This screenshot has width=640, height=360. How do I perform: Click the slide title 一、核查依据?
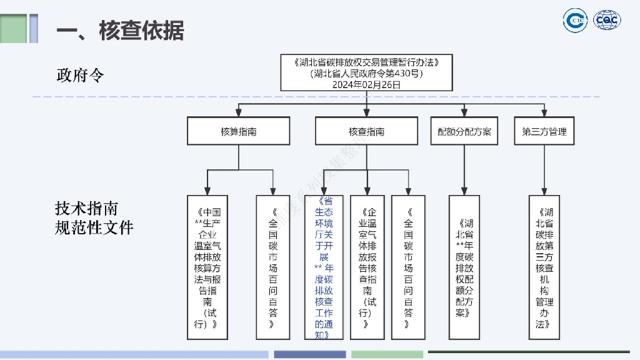[120, 29]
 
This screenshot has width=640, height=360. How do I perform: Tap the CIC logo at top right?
[575, 21]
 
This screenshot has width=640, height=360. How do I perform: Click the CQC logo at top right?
[607, 21]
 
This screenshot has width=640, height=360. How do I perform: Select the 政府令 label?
[80, 76]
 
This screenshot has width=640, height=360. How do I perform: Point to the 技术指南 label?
[86, 208]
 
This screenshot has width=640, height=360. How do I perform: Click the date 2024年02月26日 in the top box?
[366, 84]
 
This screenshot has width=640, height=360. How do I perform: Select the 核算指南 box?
[239, 132]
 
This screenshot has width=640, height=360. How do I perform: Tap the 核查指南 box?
[366, 132]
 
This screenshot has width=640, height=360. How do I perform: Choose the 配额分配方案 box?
[464, 132]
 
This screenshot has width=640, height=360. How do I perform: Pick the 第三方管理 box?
[544, 132]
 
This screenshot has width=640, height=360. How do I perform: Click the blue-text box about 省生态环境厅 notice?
[324, 267]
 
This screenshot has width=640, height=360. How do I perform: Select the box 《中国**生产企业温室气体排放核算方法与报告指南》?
[207, 267]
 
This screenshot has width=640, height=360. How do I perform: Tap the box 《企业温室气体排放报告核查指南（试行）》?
[367, 267]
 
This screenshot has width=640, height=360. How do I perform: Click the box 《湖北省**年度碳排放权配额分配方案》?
[464, 267]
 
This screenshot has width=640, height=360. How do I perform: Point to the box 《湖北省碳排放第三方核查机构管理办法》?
[544, 267]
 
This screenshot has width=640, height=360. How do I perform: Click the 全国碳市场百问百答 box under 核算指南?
[272, 267]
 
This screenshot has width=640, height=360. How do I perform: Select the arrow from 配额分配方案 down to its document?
[464, 169]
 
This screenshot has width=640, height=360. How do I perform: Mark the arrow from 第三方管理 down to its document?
[544, 169]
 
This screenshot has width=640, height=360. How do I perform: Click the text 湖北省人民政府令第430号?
[366, 73]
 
